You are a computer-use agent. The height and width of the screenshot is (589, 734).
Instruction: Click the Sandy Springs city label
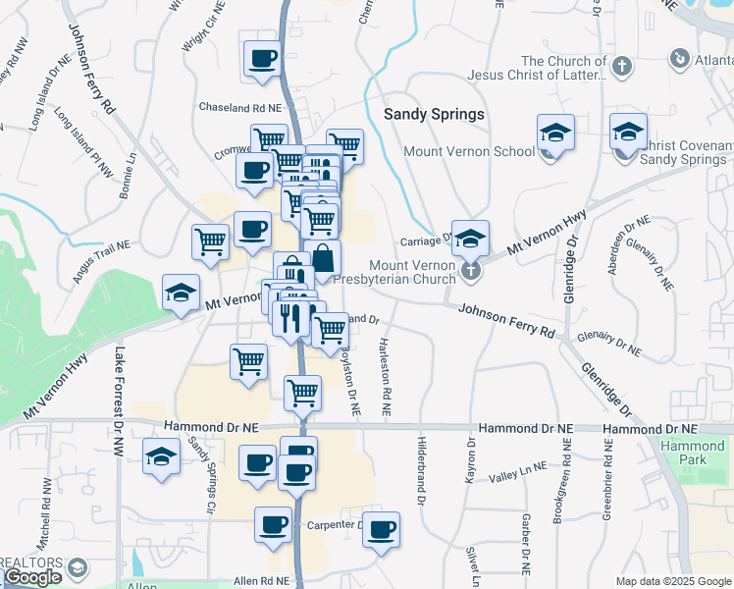tap(434, 114)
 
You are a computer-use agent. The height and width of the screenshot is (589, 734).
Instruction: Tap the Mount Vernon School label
tap(470, 152)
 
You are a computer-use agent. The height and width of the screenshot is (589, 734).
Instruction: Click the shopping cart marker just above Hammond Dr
tap(302, 392)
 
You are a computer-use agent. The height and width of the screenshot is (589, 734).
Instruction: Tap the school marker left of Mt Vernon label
tap(181, 293)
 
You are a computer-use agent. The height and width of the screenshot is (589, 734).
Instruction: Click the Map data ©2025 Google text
tap(672, 581)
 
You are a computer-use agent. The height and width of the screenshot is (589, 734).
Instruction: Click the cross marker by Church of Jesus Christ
tap(620, 67)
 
